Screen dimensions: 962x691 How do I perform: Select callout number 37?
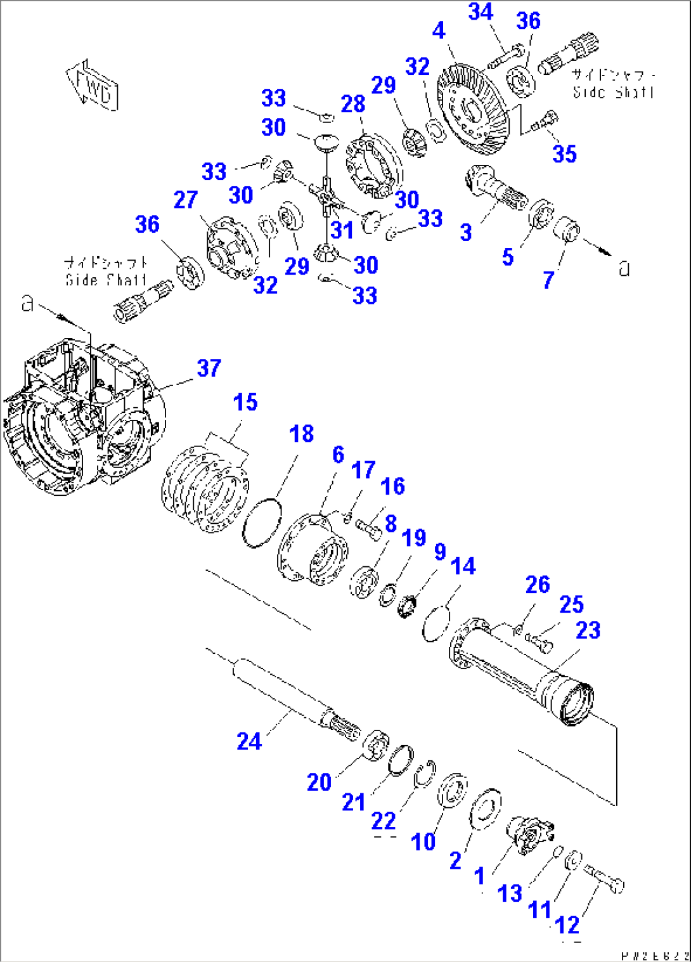coord(209,368)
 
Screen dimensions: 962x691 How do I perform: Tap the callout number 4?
coord(439,30)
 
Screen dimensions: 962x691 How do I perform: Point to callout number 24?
coord(249,741)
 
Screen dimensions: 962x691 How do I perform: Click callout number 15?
coord(245,402)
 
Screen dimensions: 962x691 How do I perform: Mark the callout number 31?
coord(342,230)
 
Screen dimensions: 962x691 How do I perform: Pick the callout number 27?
coord(186,200)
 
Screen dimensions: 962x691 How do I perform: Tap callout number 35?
coord(564,153)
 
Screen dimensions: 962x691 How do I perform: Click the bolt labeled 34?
coord(505,56)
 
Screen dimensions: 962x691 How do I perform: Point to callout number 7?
coord(548,279)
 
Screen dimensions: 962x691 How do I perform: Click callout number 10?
coord(423,842)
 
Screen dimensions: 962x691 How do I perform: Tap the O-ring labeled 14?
coord(436,623)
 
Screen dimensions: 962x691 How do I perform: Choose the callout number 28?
coord(353,103)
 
